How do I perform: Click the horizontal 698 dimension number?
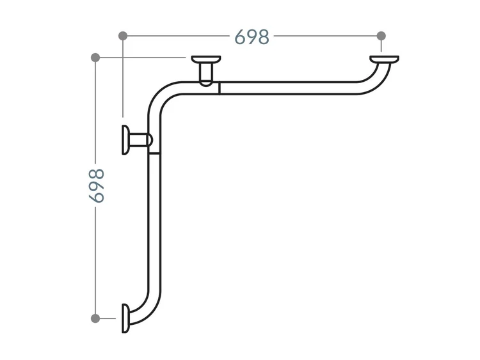click(252, 36)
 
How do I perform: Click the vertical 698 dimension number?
click(97, 185)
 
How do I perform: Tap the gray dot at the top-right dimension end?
click(381, 36)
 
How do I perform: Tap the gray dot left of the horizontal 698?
click(123, 36)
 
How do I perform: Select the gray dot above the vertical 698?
click(95, 58)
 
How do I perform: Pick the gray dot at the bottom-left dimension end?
click(95, 318)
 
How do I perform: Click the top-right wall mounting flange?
click(384, 59)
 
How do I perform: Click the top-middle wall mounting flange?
click(206, 59)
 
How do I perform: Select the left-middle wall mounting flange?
click(125, 140)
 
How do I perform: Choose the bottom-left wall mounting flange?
click(125, 318)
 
